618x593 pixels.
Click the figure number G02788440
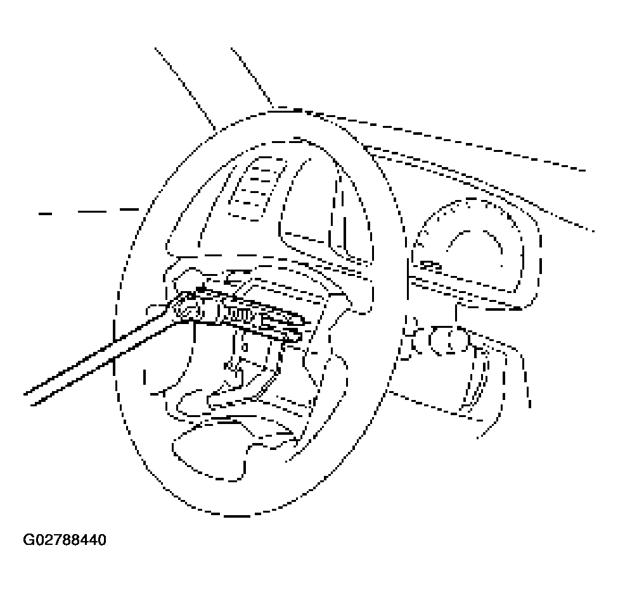point(65,540)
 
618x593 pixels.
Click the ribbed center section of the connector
point(236,313)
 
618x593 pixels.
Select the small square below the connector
point(245,347)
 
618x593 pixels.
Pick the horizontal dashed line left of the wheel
point(89,212)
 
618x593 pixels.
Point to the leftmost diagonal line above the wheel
point(185,88)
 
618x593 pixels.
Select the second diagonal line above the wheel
point(252,77)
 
